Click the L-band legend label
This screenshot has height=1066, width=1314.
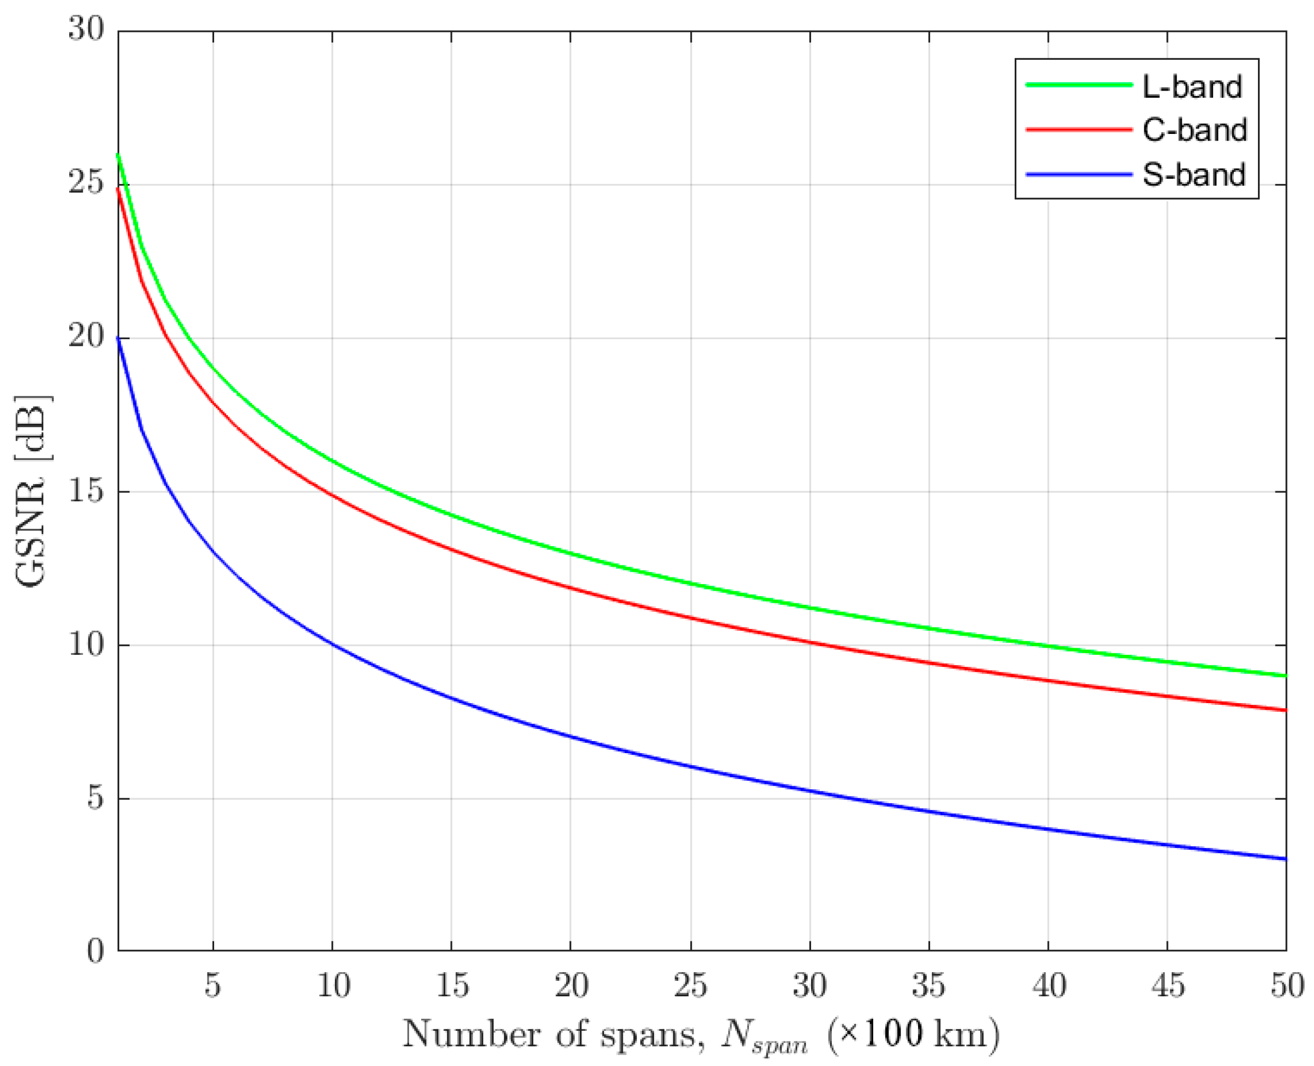click(1192, 87)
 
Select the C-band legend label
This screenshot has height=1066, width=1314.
click(1194, 130)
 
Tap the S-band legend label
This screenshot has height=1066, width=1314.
click(1194, 175)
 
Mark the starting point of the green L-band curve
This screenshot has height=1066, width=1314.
click(118, 154)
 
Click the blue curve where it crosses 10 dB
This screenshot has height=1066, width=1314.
click(332, 644)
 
